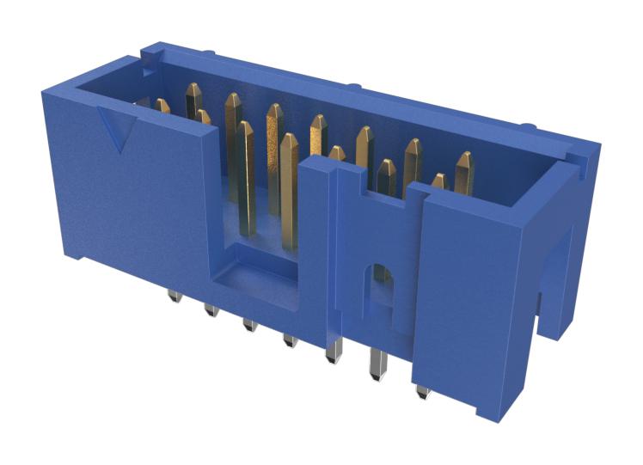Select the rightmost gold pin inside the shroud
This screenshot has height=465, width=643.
[465, 171]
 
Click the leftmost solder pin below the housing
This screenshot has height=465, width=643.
[173, 297]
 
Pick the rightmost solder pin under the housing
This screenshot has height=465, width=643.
[422, 392]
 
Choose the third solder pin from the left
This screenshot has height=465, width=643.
[250, 325]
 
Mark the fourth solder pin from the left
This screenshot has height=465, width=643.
[291, 340]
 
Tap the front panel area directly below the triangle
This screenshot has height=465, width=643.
[129, 206]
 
